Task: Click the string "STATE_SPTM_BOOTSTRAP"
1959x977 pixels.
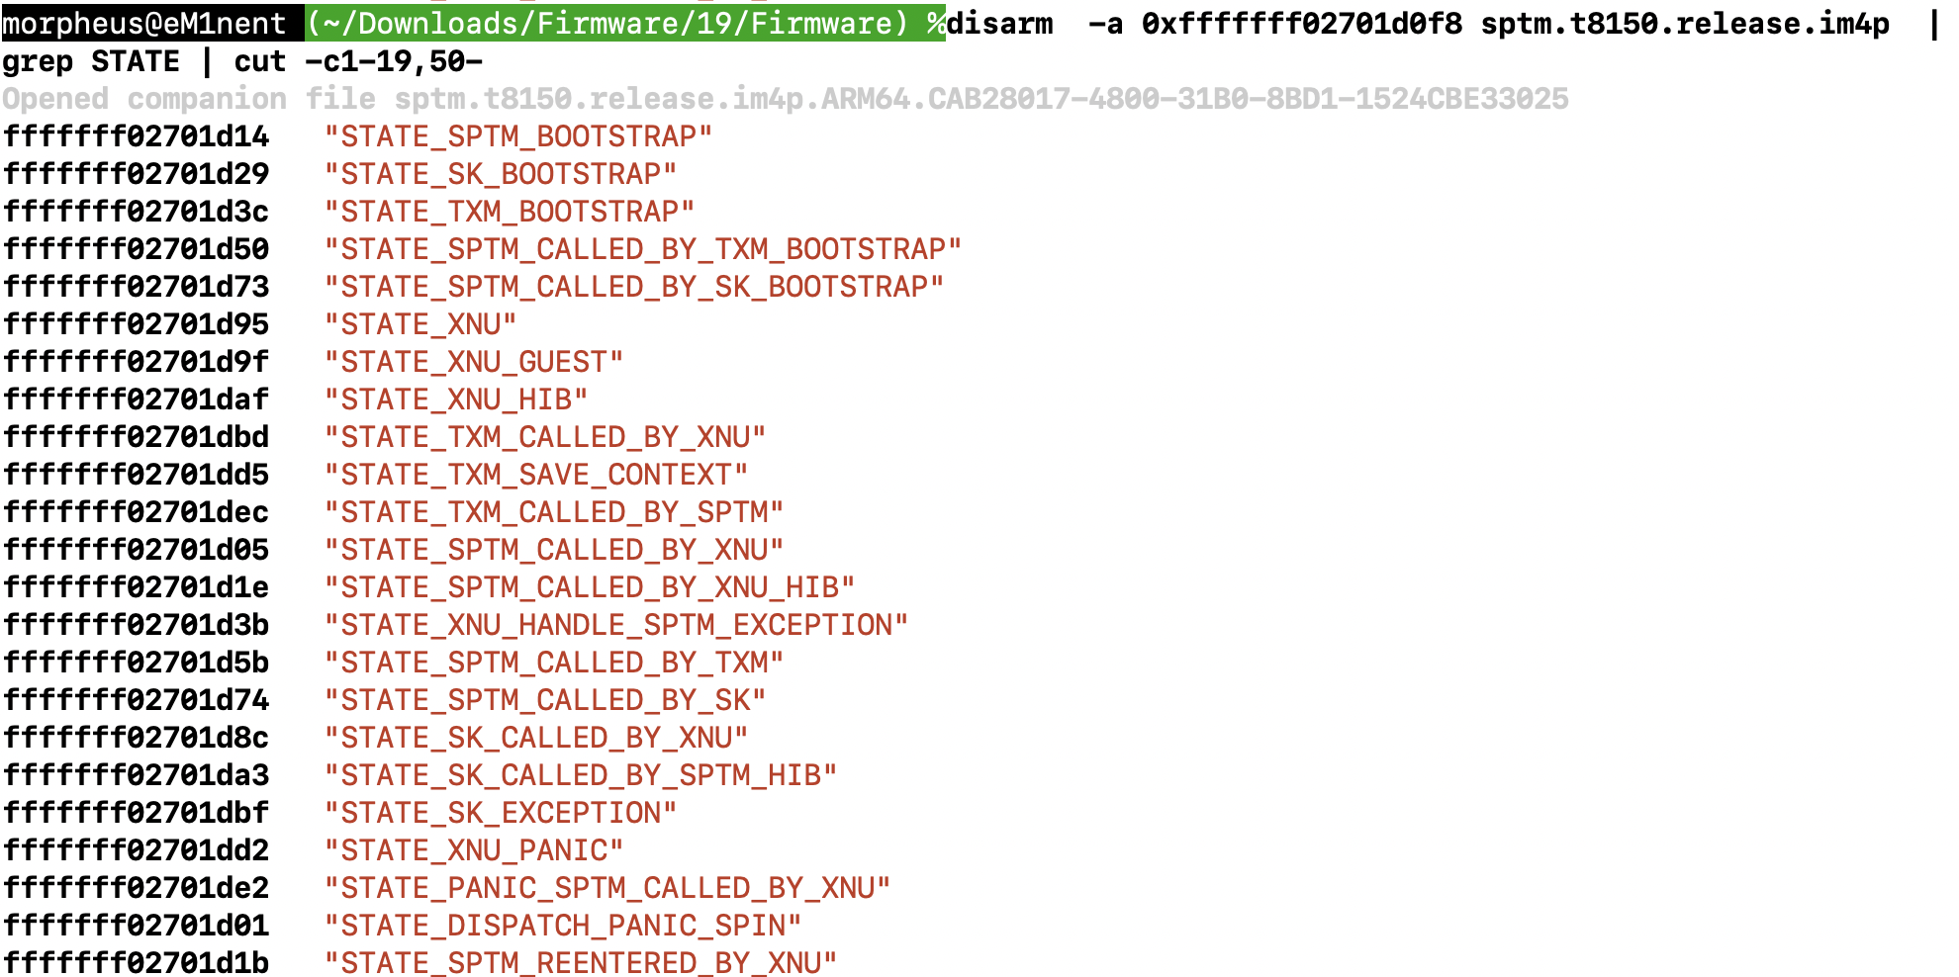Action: click(x=517, y=136)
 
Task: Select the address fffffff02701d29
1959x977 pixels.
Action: click(x=136, y=174)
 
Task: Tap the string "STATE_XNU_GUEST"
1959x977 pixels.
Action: click(x=474, y=362)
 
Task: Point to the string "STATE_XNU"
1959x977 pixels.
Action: click(x=420, y=324)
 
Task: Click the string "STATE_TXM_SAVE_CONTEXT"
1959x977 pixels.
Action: click(x=535, y=475)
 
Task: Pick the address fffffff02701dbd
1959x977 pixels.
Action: click(x=136, y=437)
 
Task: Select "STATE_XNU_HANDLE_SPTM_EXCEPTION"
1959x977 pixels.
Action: click(x=615, y=625)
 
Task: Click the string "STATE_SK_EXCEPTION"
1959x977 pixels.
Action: click(x=501, y=813)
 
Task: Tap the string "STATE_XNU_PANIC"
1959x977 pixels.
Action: click(x=474, y=850)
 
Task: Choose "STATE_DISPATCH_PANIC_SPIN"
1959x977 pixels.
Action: click(x=562, y=926)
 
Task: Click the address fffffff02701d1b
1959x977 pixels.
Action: click(x=136, y=963)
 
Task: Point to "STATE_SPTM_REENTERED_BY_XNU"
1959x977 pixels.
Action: click(x=580, y=963)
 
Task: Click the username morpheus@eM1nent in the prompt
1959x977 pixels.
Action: click(x=144, y=23)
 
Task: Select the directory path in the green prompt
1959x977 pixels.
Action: click(x=607, y=23)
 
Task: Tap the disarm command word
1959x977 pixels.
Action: click(x=999, y=23)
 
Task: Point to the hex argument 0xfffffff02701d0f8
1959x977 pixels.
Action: click(x=1301, y=23)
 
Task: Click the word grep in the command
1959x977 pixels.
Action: click(x=38, y=61)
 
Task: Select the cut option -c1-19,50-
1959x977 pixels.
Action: click(x=393, y=61)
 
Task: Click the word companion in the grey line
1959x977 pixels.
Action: click(x=207, y=99)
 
